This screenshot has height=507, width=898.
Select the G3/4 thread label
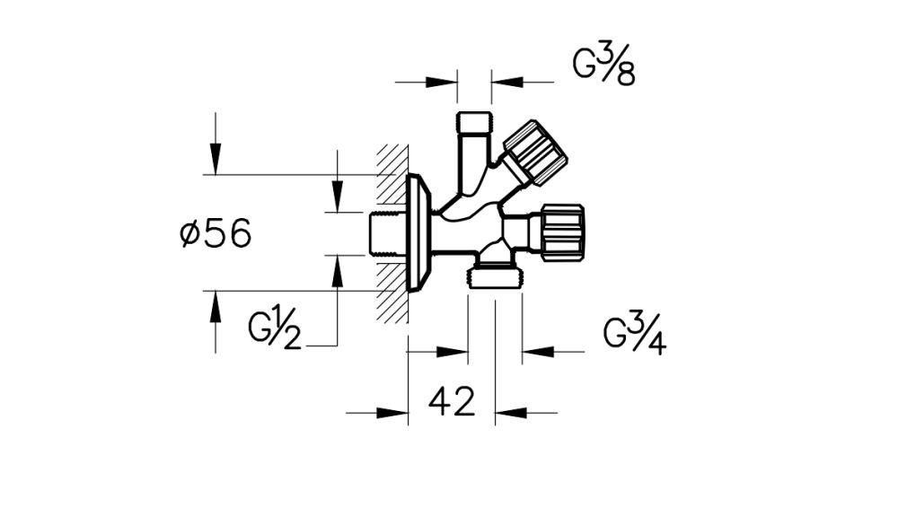[x=634, y=336]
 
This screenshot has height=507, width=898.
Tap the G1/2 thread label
[x=275, y=328]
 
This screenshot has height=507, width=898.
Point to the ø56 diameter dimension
[x=216, y=234]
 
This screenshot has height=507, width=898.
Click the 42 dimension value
[x=451, y=402]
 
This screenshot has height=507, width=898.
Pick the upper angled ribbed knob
[x=534, y=154]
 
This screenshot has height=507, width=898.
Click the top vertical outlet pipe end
[x=473, y=121]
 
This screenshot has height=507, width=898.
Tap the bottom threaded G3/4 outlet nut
[x=495, y=275]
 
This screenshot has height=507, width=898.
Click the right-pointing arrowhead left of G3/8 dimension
[x=444, y=82]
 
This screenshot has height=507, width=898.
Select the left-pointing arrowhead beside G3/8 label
[x=505, y=82]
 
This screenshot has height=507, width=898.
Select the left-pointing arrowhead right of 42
[x=509, y=413]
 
